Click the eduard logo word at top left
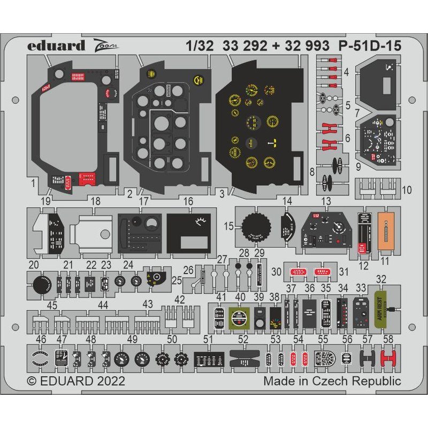click(57, 45)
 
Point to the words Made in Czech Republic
click(332, 381)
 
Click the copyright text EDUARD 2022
click(76, 381)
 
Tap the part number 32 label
click(381, 279)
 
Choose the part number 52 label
click(243, 339)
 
